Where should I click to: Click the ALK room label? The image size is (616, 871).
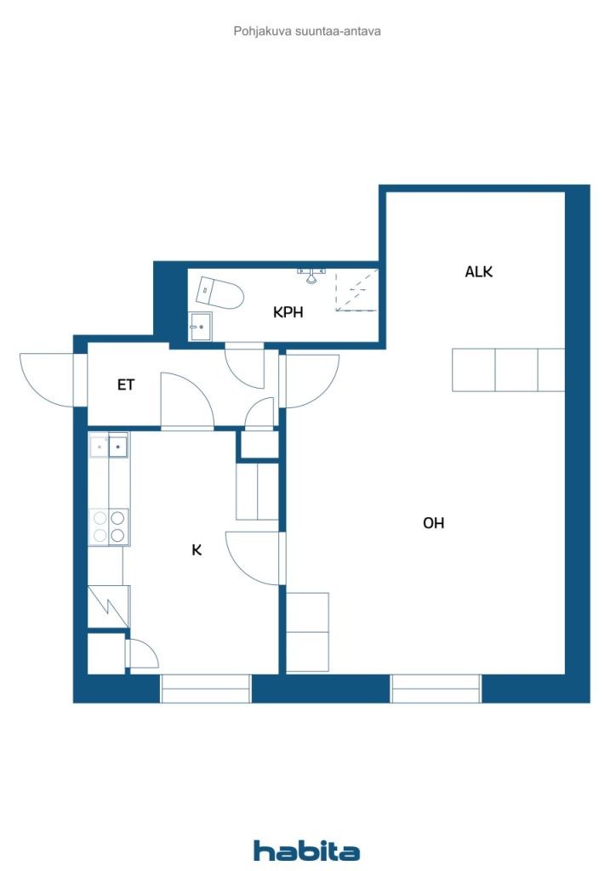pos(478,271)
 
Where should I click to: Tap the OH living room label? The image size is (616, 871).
pos(433,523)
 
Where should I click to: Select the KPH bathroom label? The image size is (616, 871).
pos(288,312)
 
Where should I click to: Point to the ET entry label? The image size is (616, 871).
pos(126,384)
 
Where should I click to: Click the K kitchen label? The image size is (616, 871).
pos(197,550)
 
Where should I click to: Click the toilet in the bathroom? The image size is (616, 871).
pos(220,293)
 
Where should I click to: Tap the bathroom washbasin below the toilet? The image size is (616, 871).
pos(200,327)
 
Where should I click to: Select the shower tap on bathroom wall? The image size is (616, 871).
pos(313,275)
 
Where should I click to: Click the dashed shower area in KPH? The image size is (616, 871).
pos(356,290)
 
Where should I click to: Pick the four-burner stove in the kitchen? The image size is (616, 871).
pos(109,526)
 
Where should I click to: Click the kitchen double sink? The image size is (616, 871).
pos(109,446)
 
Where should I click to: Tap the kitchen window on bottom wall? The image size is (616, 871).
pos(206,689)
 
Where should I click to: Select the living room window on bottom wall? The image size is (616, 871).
pos(436,689)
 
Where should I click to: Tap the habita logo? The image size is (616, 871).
pos(306,850)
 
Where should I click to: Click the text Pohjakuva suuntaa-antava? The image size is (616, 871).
pos(307,31)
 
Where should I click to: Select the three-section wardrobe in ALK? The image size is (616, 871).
pos(508,370)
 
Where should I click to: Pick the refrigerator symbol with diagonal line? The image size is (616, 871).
pos(109,606)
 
